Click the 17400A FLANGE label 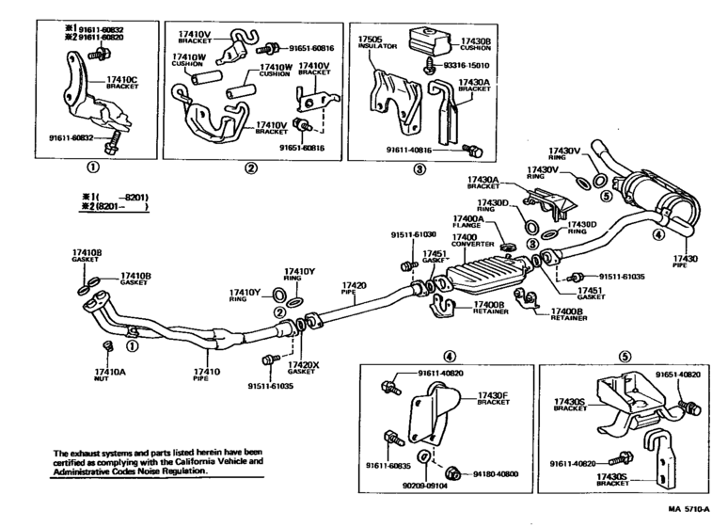click(x=467, y=221)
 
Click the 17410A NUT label click(x=110, y=375)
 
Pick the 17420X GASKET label click(x=306, y=368)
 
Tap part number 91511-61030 click(x=414, y=234)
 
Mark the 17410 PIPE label click(x=206, y=375)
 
